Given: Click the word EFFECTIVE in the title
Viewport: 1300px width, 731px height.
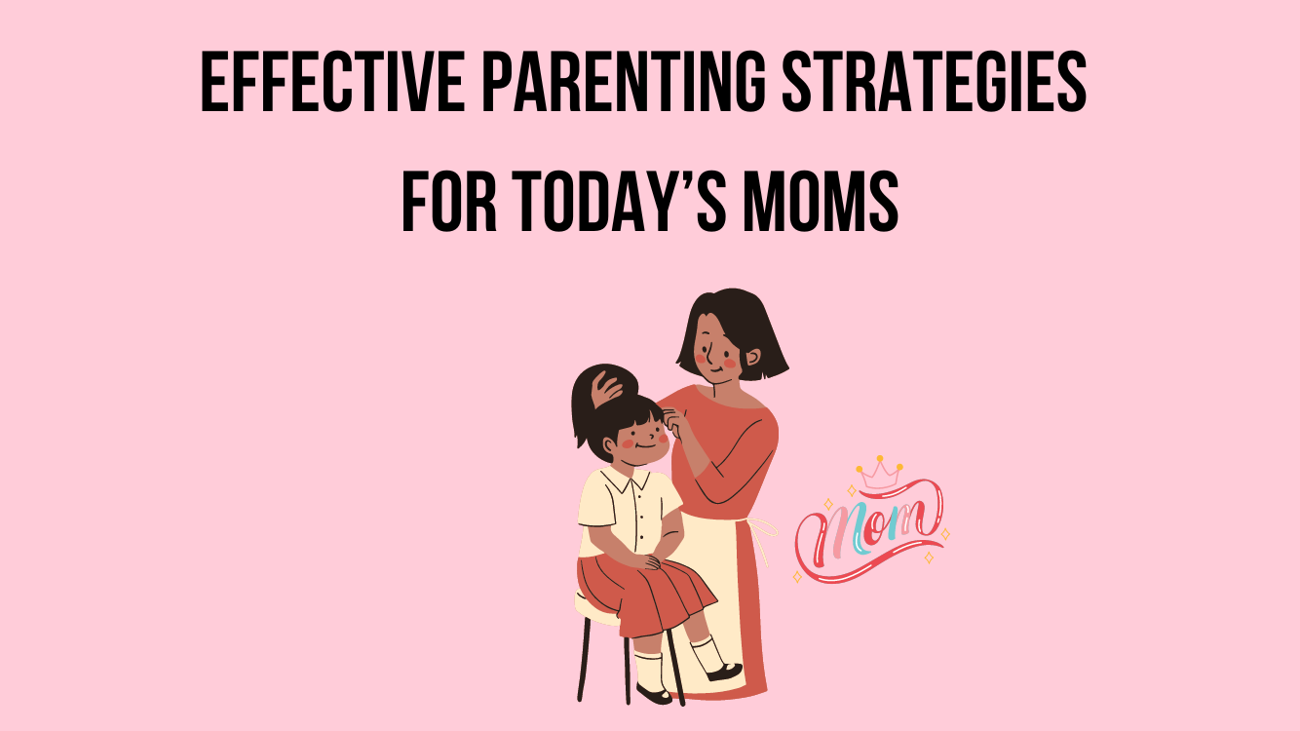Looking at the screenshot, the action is pyautogui.click(x=332, y=81).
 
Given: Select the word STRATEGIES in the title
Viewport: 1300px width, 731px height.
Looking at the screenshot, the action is pyautogui.click(x=935, y=81).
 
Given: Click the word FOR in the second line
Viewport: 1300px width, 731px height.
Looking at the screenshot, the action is pyautogui.click(x=449, y=202).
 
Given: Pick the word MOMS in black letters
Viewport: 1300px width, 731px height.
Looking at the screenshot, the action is pyautogui.click(x=821, y=202).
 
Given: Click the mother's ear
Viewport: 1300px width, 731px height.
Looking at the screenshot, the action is pyautogui.click(x=752, y=357).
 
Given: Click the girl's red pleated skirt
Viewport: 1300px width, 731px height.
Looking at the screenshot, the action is pyautogui.click(x=643, y=593).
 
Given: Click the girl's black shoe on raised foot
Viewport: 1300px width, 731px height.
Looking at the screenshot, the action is pyautogui.click(x=725, y=672).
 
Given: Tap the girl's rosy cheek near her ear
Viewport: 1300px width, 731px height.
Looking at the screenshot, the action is pyautogui.click(x=628, y=443).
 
